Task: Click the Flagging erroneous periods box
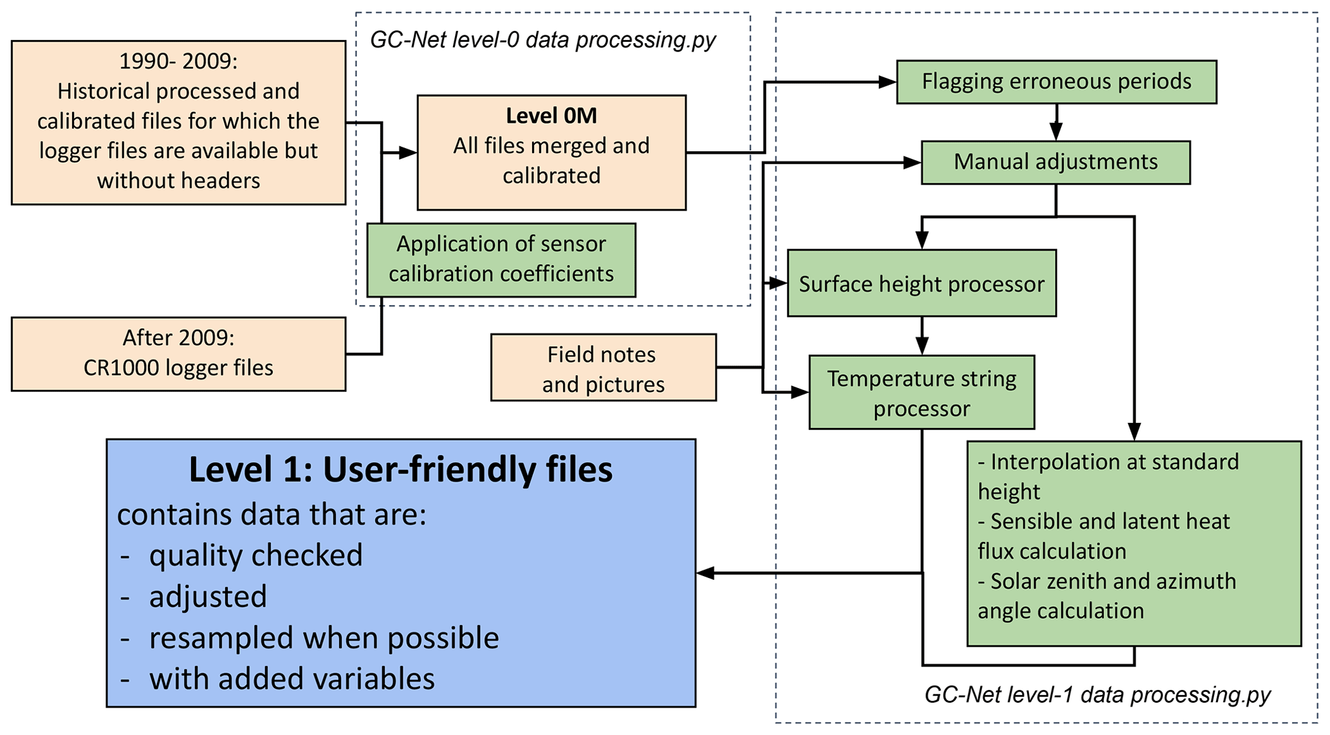point(1056,82)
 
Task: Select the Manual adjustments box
point(1055,162)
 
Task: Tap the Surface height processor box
point(921,284)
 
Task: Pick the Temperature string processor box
point(921,393)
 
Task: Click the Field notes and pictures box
point(603,368)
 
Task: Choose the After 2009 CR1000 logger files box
point(178,353)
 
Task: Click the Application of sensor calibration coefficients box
point(501,259)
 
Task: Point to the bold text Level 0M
point(551,116)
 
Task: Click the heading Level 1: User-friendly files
point(400,469)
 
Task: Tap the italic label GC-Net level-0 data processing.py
point(542,40)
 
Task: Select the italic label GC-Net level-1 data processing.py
point(1097,695)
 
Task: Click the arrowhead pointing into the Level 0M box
point(408,153)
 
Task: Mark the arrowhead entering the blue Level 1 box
point(706,573)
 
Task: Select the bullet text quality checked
point(255,555)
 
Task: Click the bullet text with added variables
point(292,679)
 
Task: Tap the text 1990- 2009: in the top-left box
point(178,61)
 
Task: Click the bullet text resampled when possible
point(324,638)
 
